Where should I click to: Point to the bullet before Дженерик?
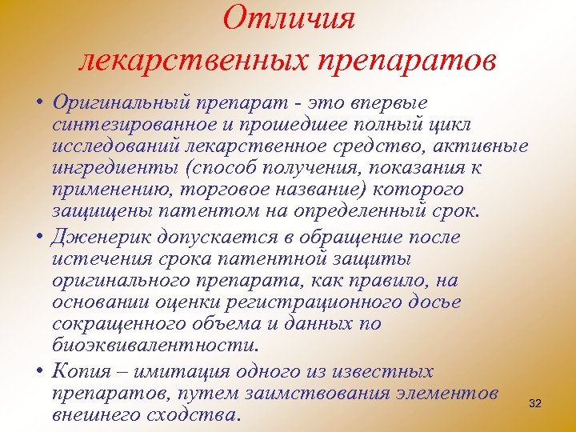39,238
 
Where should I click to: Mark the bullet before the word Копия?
39,372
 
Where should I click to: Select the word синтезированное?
125,126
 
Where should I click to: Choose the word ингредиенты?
105,170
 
